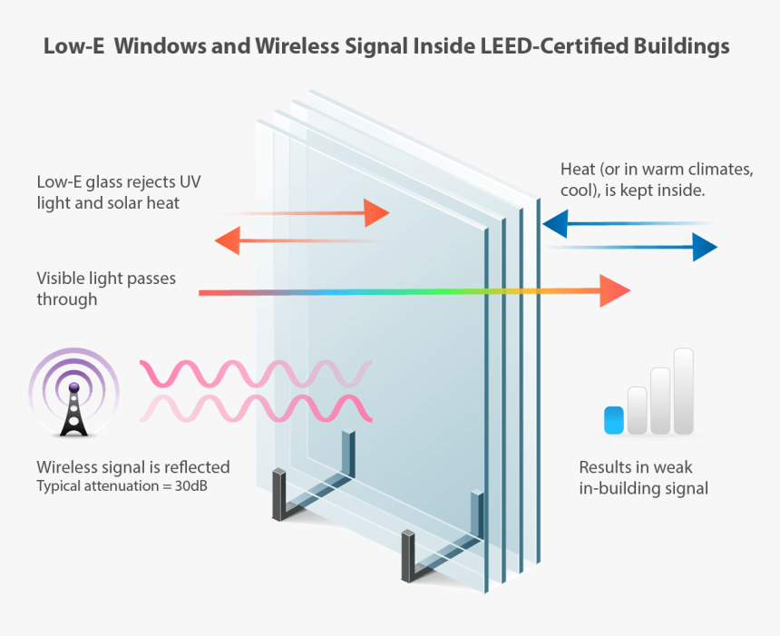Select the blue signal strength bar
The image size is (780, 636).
[614, 418]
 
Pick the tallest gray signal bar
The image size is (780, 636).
[683, 391]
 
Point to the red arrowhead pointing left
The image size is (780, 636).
[228, 241]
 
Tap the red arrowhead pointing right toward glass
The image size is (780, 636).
[376, 213]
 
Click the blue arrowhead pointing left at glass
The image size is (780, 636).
[554, 222]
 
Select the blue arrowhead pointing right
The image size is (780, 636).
[705, 246]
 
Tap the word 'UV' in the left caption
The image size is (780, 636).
[190, 182]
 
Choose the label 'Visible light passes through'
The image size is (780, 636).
[105, 288]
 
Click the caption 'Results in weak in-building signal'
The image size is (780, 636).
[642, 478]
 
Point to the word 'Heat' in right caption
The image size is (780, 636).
[578, 170]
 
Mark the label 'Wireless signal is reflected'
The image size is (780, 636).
[132, 467]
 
